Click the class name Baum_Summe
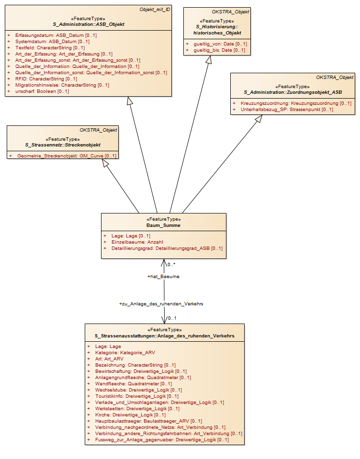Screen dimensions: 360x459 pyautogui.click(x=163, y=225)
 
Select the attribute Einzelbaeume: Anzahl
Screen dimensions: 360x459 pyautogui.click(x=137, y=242)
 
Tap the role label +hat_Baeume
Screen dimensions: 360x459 pyautogui.click(x=163, y=277)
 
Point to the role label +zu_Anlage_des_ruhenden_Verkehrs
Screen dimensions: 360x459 pyautogui.click(x=161, y=304)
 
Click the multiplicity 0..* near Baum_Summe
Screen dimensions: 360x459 pyautogui.click(x=171, y=265)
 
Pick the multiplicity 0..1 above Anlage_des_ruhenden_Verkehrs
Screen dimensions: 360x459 pyautogui.click(x=172, y=318)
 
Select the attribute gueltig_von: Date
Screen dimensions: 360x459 pyautogui.click(x=220, y=44)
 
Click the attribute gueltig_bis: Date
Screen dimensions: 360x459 pyautogui.click(x=220, y=50)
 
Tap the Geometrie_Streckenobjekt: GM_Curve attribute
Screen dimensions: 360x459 pyautogui.click(x=67, y=156)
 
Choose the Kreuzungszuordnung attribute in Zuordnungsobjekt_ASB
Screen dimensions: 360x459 pyautogui.click(x=296, y=103)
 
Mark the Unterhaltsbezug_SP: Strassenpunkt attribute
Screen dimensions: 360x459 pyautogui.click(x=287, y=110)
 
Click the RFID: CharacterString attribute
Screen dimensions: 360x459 pyautogui.click(x=46, y=79)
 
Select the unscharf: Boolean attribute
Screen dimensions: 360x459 pyautogui.click(x=42, y=91)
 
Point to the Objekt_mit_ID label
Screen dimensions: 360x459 pyautogui.click(x=155, y=10)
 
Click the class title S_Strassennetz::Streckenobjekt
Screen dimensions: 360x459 pyautogui.click(x=63, y=145)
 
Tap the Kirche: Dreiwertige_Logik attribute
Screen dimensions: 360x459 pyautogui.click(x=130, y=415)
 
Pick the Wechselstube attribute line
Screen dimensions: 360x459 pyautogui.click(x=138, y=390)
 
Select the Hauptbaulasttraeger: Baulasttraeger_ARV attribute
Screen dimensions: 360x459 pyautogui.click(x=149, y=421)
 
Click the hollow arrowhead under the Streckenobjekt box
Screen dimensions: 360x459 pyautogui.click(x=106, y=163)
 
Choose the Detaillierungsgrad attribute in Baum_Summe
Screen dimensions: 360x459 pyautogui.click(x=167, y=248)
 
